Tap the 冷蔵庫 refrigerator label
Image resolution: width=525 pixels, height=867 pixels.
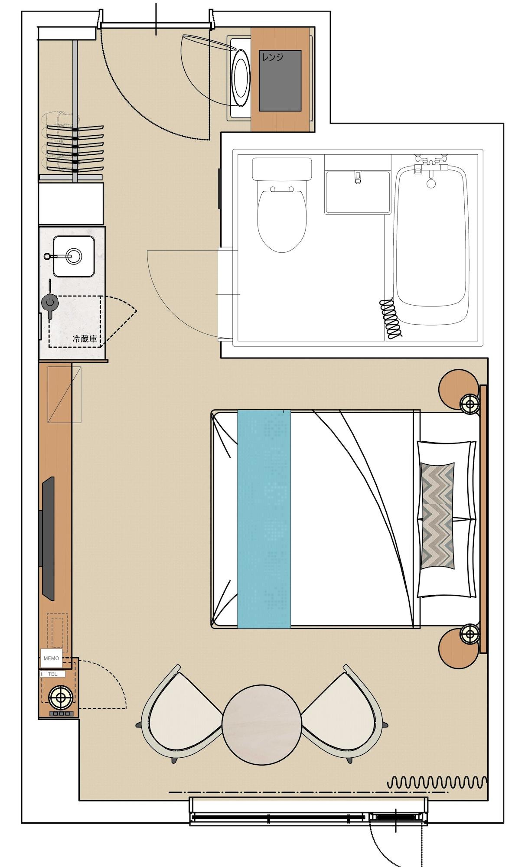[85, 339]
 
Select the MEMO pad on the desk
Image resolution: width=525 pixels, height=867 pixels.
[51, 658]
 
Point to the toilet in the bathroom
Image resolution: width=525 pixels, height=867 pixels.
[282, 212]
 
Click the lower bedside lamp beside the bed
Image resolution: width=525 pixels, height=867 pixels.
[470, 635]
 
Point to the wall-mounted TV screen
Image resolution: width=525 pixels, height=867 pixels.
[48, 538]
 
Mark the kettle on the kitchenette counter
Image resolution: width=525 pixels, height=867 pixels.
[49, 302]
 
